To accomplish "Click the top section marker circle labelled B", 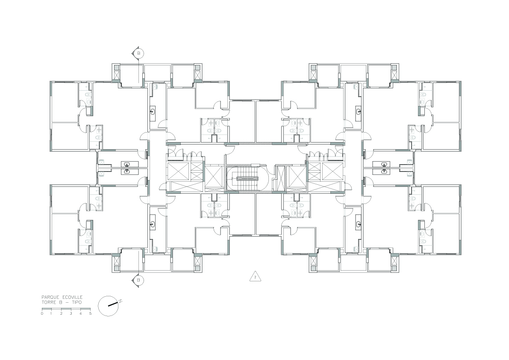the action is click(x=138, y=53).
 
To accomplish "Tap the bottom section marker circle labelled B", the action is click(x=138, y=280).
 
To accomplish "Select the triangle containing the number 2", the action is click(x=256, y=277).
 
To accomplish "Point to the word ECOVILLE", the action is click(x=72, y=297).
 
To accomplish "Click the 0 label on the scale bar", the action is click(x=42, y=313).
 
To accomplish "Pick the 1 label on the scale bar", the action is click(x=51, y=313).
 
